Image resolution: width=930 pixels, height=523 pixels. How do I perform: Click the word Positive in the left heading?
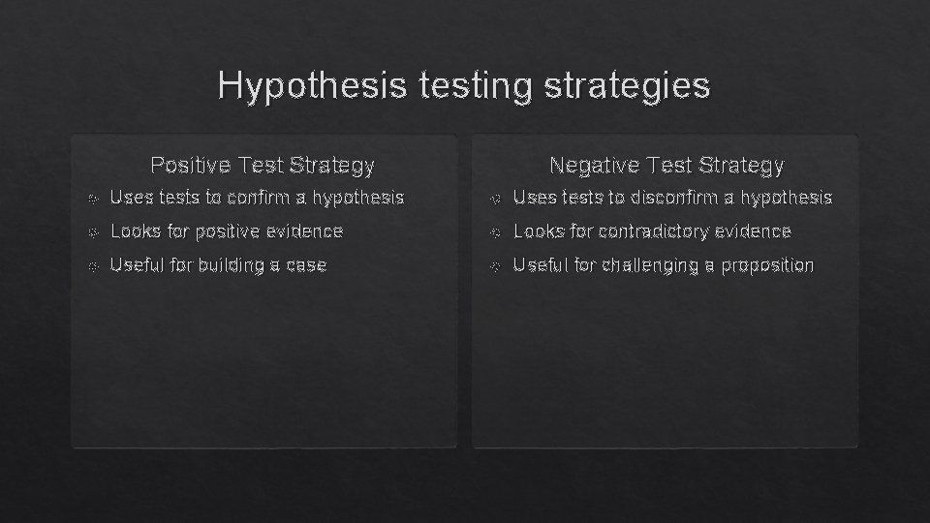coord(190,166)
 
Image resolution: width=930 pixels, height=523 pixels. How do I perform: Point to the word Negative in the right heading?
coord(592,166)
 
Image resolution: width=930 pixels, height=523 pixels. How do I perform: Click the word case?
coord(307,264)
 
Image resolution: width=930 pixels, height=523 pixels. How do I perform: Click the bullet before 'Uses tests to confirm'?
coord(92,199)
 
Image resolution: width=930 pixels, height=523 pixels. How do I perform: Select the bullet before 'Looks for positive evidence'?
coord(92,232)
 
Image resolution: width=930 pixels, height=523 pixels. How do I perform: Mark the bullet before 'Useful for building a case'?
coord(92,265)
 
